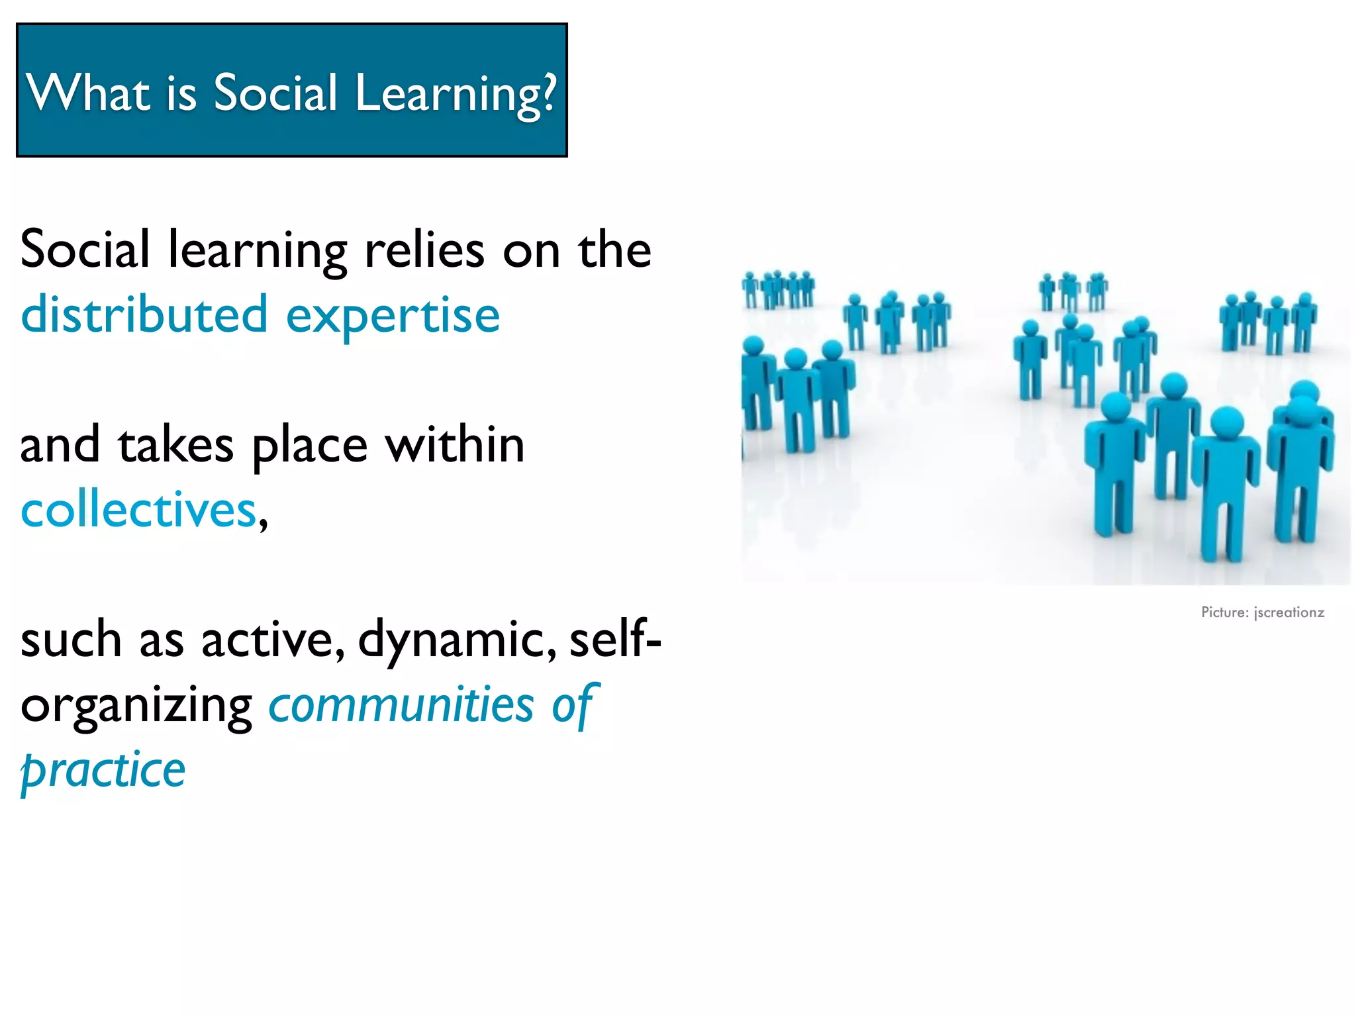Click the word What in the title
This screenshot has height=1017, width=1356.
point(89,92)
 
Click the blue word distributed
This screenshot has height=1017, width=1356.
point(144,315)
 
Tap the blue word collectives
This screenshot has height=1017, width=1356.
point(138,510)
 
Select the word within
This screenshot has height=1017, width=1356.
point(456,444)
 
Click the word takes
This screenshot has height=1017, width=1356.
point(176,445)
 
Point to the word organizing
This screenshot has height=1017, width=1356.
point(136,706)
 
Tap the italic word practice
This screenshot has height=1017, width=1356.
point(103,771)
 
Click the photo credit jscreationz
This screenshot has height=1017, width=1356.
point(1289,612)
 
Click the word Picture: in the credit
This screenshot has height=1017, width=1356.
point(1225,612)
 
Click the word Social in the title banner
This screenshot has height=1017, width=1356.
point(275,92)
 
